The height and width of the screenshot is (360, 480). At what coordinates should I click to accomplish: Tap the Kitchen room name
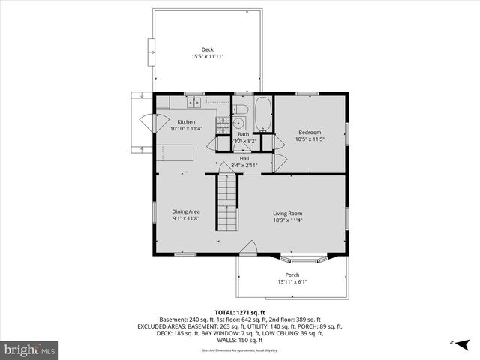click(x=186, y=122)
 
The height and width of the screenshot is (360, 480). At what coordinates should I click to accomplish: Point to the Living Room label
click(x=287, y=213)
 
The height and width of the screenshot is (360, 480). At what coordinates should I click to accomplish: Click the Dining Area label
click(x=186, y=211)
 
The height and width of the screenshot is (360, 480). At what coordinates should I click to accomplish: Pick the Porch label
click(x=292, y=274)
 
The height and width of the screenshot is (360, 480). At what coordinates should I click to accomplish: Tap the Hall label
click(x=244, y=159)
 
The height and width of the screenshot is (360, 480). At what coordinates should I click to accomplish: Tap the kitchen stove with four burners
click(x=223, y=125)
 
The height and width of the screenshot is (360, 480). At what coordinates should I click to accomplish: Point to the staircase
click(x=227, y=202)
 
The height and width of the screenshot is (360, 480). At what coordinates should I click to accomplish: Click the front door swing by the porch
click(x=250, y=247)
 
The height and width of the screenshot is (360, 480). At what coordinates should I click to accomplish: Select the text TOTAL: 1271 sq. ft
click(x=240, y=312)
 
